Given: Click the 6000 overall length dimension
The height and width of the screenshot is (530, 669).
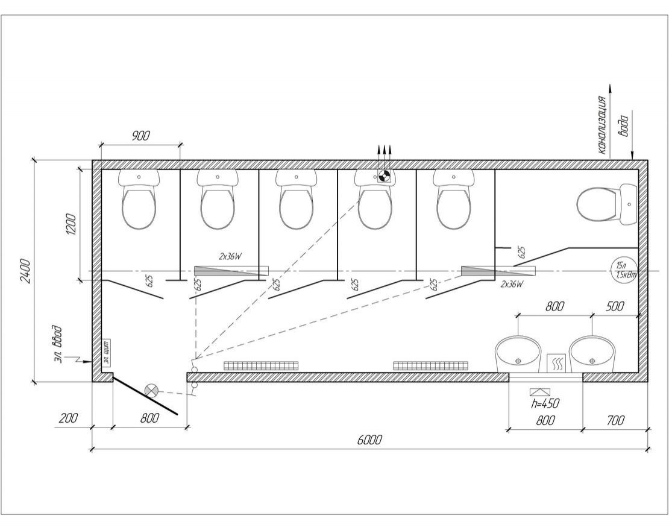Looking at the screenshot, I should click(369, 440).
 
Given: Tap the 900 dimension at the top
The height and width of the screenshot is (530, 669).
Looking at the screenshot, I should click(140, 136).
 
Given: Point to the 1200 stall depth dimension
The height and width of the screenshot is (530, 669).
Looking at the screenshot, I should click(71, 225).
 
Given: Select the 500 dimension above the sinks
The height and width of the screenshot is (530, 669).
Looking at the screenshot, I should click(614, 306).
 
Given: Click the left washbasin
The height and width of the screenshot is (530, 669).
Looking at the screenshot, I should click(518, 354).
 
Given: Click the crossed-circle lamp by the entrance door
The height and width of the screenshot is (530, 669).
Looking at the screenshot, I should click(152, 391).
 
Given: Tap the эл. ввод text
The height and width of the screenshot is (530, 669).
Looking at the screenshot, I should click(57, 343).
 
